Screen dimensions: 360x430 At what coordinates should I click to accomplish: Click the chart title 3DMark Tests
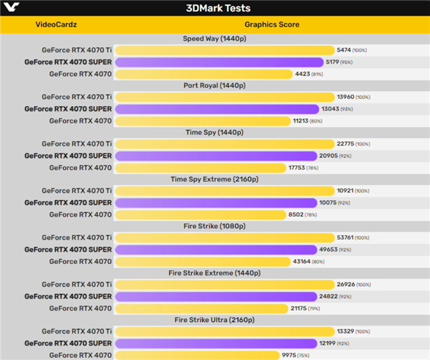tap(214, 8)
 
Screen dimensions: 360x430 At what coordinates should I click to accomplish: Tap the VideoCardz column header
tap(56, 24)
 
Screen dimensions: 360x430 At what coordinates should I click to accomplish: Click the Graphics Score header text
tap(272, 24)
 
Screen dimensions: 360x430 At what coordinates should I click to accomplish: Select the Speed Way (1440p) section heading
tap(214, 39)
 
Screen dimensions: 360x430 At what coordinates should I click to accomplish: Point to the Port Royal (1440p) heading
tap(214, 85)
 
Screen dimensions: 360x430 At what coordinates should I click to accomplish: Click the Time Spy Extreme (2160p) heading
tap(214, 179)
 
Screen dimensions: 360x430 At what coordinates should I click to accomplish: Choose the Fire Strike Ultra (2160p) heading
tap(214, 319)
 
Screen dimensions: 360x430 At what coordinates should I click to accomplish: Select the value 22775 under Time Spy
tap(346, 144)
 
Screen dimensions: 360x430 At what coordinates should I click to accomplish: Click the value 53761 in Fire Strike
tap(346, 237)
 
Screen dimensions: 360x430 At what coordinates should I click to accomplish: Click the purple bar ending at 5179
tap(219, 62)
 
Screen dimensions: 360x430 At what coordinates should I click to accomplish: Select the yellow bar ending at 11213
tap(203, 120)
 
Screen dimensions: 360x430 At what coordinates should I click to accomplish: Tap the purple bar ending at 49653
tap(215, 250)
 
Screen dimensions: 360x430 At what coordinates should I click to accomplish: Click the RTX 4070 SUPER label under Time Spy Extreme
tap(67, 203)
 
